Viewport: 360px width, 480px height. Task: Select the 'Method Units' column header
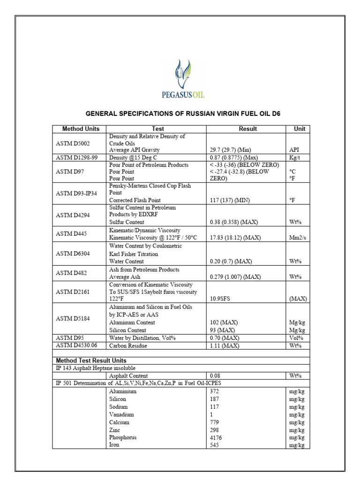tap(79, 129)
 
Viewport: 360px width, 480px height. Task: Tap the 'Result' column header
tap(247, 129)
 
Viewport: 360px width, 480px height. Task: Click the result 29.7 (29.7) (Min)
tap(231, 150)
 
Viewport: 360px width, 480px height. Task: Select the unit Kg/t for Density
tap(294, 157)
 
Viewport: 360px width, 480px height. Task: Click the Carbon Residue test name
tap(128, 345)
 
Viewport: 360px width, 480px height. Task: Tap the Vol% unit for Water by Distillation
tap(295, 338)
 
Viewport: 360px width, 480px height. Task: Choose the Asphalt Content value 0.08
tap(215, 376)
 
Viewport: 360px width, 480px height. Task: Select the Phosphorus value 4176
tap(216, 437)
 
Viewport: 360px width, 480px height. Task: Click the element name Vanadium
tap(121, 414)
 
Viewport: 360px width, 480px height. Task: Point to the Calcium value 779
tap(215, 422)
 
